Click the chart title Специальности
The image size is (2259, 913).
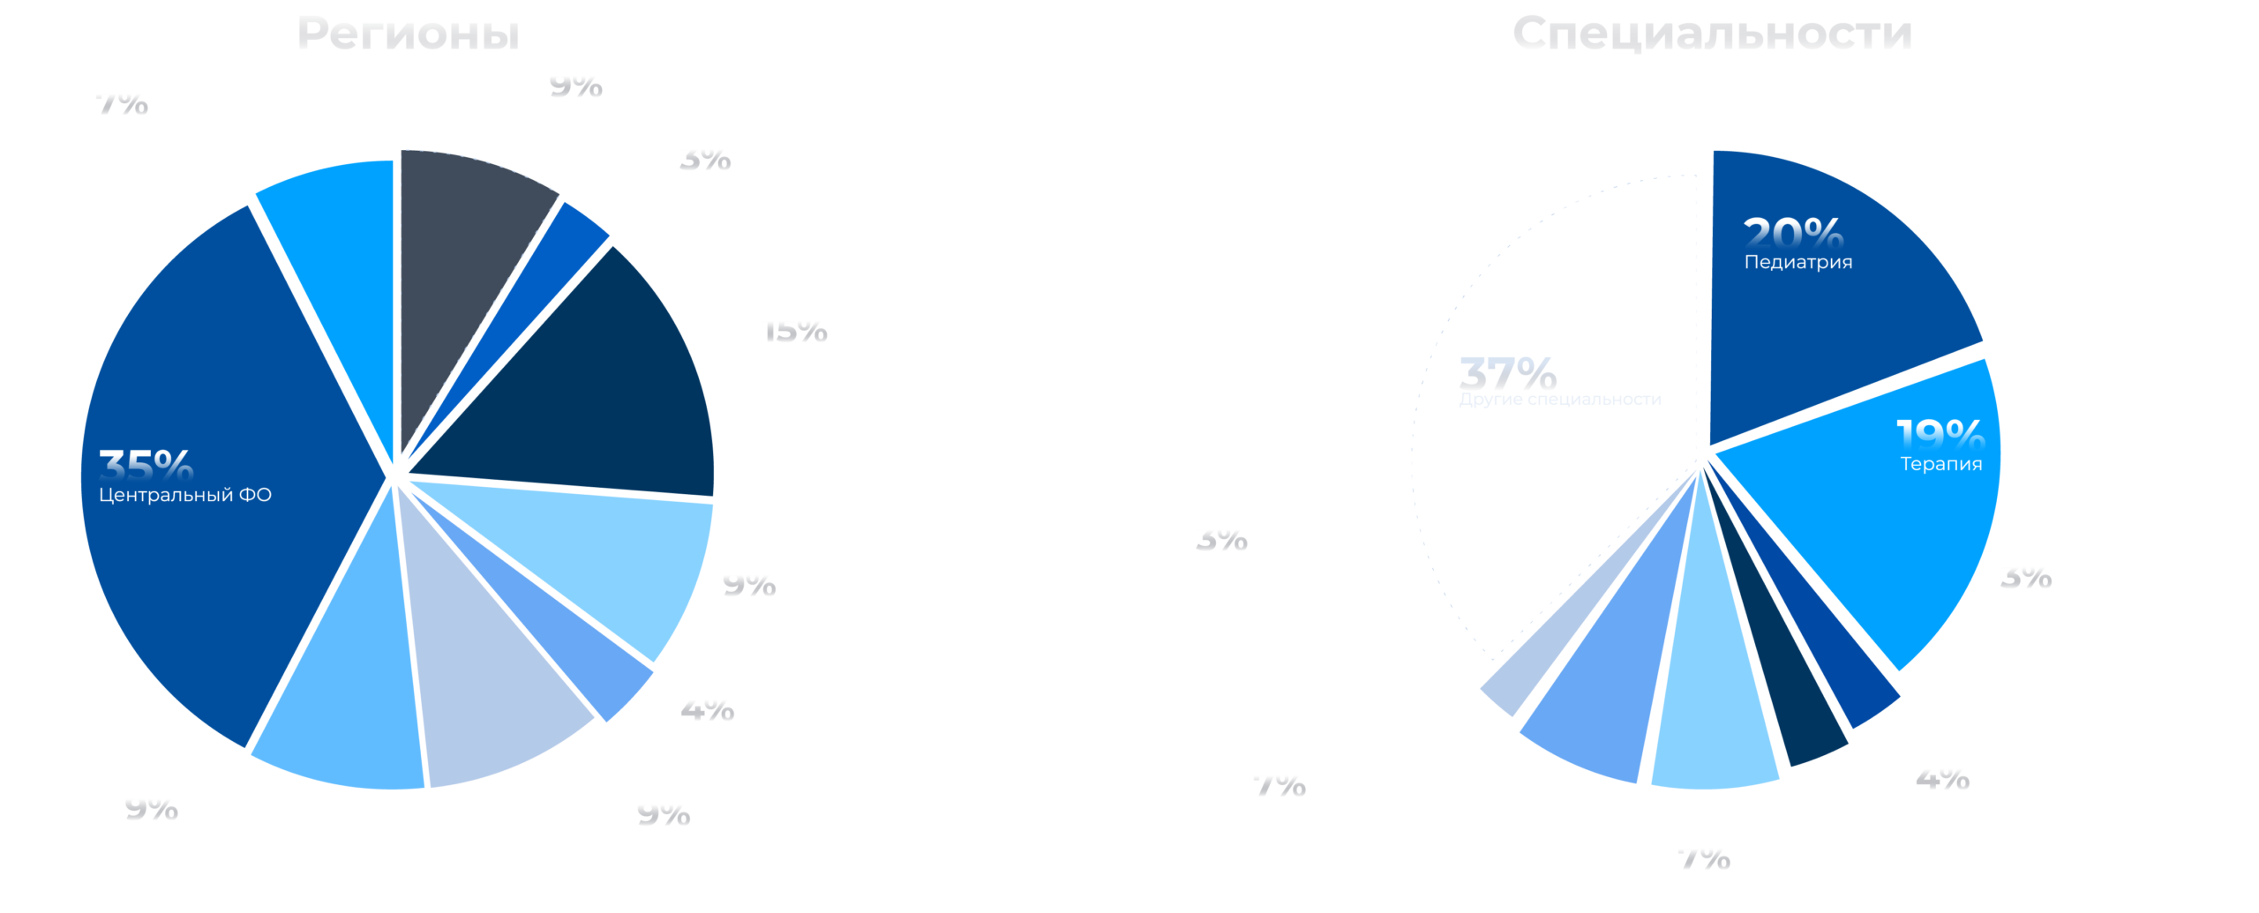(x=1712, y=34)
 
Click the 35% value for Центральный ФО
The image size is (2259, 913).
(x=146, y=465)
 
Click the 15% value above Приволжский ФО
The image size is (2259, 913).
(x=794, y=329)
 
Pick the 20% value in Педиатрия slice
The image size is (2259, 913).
(x=1793, y=234)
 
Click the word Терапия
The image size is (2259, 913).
(x=1941, y=464)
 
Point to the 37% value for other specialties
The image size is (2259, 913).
(x=1508, y=373)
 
